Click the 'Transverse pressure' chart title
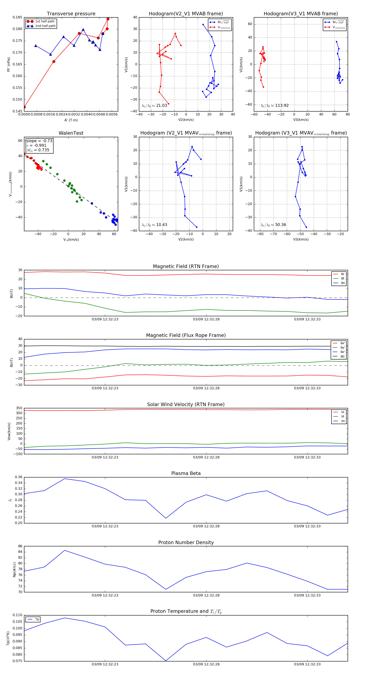pos(71,14)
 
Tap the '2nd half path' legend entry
pos(45,26)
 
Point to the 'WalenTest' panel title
pos(71,133)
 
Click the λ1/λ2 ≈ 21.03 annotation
pos(154,106)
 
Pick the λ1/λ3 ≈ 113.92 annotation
pos(275,106)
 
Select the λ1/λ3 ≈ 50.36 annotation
pos(273,225)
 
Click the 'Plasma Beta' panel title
pos(186,474)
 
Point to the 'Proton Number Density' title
pos(186,542)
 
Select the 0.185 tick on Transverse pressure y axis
pos(18,18)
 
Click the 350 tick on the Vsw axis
pos(19,408)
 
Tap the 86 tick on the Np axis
pos(20,546)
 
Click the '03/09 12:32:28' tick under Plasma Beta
pos(206,526)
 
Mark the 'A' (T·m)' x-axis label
pos(71,120)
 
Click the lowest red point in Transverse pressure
pos(24,107)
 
